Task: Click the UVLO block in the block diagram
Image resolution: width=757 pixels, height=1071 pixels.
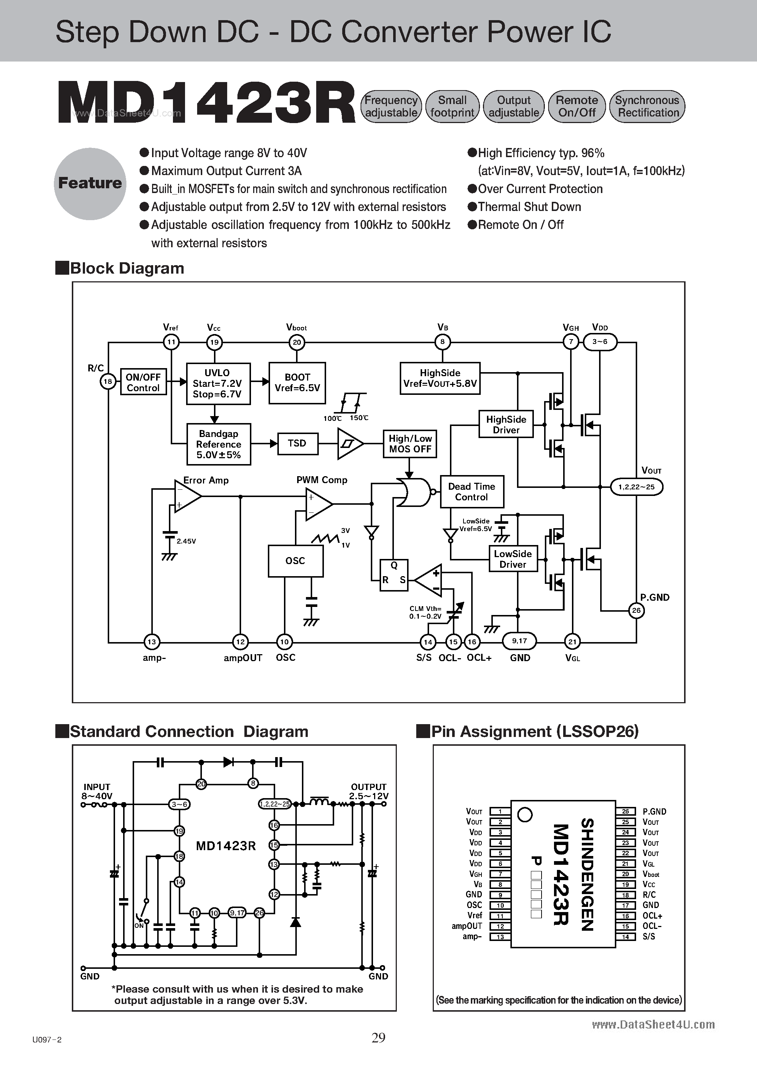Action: pos(218,383)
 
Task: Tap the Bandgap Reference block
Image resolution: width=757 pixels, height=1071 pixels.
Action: pos(218,444)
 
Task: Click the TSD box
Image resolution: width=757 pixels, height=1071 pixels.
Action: pos(297,443)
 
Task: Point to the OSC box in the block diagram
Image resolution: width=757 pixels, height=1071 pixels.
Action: pos(295,561)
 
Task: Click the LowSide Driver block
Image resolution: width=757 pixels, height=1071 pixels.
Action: pos(513,559)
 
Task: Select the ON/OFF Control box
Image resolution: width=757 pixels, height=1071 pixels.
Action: pos(143,382)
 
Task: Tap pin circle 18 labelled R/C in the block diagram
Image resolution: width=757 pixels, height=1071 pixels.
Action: pos(108,382)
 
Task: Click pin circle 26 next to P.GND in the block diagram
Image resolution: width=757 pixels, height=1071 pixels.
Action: pos(636,610)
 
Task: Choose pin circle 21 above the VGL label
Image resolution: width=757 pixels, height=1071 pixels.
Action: pos(572,641)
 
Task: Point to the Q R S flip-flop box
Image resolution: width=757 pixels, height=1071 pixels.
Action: pos(394,575)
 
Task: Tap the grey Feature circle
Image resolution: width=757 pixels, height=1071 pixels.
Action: pos(90,183)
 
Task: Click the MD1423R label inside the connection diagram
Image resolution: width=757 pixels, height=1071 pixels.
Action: pos(226,846)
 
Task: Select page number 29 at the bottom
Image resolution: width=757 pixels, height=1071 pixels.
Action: pos(378,1037)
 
